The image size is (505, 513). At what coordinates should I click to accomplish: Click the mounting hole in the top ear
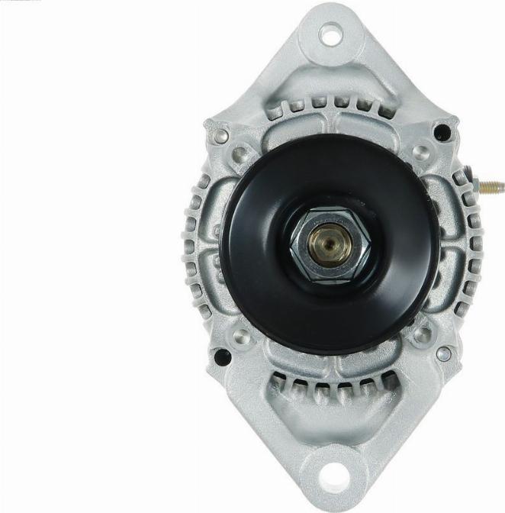click(330, 34)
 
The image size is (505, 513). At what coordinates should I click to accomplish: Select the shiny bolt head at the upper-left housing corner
click(221, 135)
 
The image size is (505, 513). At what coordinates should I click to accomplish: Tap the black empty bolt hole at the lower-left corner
click(222, 357)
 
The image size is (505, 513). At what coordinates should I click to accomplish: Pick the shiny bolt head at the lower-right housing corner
click(443, 354)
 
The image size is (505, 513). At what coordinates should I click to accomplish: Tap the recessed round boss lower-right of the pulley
click(422, 334)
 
